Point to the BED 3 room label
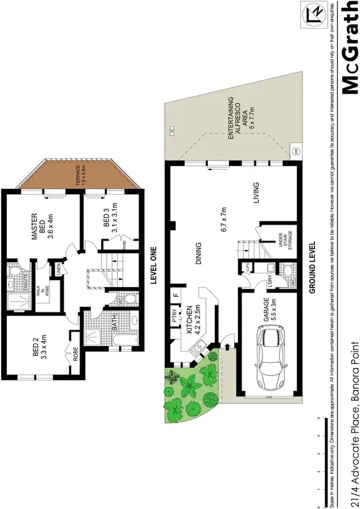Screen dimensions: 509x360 110,220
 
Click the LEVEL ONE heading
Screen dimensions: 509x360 153,268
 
